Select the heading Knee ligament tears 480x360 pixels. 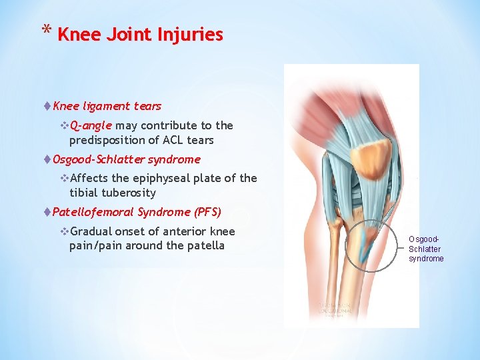[x=107, y=106]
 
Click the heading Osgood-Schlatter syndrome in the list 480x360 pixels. [x=126, y=159]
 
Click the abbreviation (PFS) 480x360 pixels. [x=207, y=212]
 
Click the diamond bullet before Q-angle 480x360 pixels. [x=64, y=125]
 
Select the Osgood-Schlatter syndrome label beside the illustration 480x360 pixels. [x=426, y=249]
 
